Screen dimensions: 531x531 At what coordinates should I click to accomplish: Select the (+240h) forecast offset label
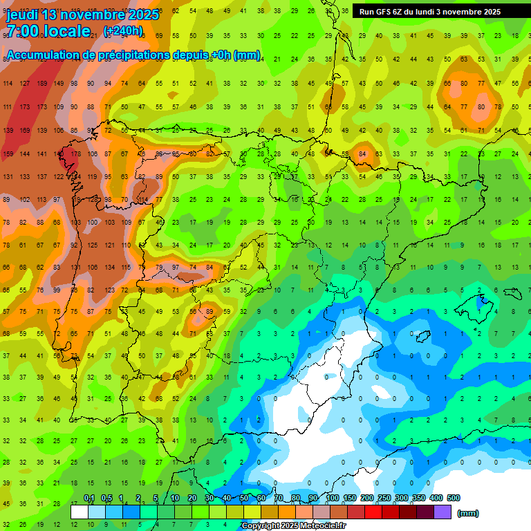(x=122, y=31)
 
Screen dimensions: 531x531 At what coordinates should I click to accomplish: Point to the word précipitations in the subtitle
(x=133, y=55)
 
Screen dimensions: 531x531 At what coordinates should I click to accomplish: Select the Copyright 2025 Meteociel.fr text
(x=293, y=526)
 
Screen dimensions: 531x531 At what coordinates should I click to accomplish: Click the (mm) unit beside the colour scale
(x=468, y=513)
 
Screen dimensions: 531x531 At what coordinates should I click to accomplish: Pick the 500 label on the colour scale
(x=454, y=499)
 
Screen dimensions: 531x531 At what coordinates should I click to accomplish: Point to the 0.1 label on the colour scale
(x=89, y=499)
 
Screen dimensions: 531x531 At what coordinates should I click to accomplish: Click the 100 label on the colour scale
(x=333, y=499)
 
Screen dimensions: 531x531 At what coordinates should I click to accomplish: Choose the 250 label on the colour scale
(x=384, y=499)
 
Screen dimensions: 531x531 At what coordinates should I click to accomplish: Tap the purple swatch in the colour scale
(x=443, y=512)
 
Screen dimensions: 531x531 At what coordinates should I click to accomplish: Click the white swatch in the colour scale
(x=80, y=512)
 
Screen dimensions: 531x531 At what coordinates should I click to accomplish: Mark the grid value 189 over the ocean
(x=43, y=84)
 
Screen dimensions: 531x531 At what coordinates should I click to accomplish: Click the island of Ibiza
(x=423, y=337)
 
